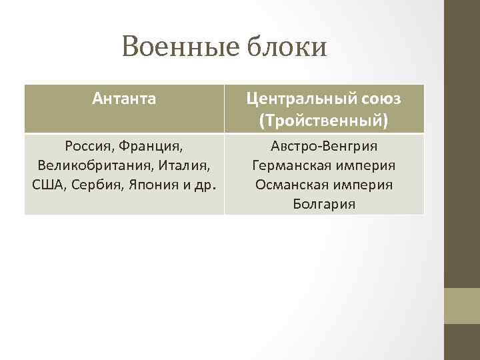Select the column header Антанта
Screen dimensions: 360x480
point(125,99)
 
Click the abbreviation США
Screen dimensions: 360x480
point(47,184)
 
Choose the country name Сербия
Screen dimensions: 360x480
point(93,184)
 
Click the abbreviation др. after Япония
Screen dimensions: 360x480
point(203,184)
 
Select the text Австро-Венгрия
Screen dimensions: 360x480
point(324,145)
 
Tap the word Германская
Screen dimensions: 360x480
point(289,165)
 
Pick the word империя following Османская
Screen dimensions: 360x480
point(362,184)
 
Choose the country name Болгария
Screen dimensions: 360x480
point(324,203)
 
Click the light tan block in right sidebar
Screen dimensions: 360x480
point(462,305)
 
